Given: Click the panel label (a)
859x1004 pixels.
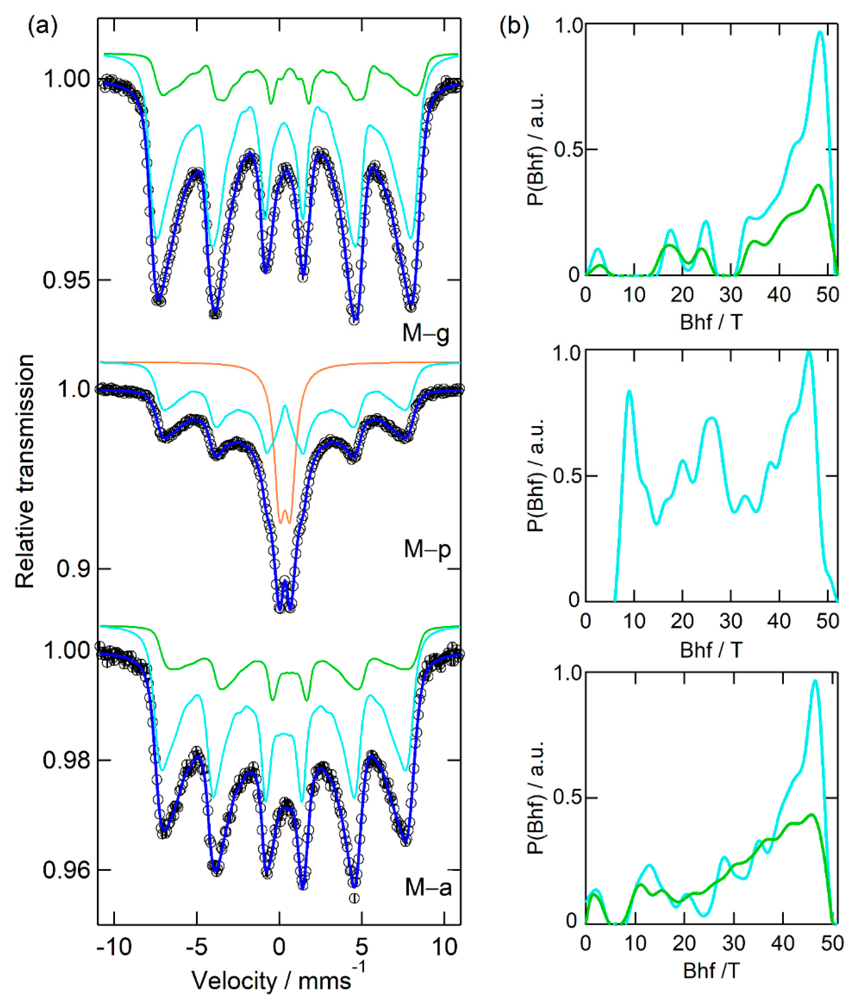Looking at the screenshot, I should point(43,26).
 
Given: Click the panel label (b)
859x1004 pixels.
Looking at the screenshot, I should point(514,26).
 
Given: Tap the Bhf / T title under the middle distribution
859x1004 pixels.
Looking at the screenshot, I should point(711,650).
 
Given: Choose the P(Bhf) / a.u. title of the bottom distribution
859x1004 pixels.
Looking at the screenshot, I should point(536,797).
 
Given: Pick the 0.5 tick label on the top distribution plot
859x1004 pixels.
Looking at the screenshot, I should point(566,149).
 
